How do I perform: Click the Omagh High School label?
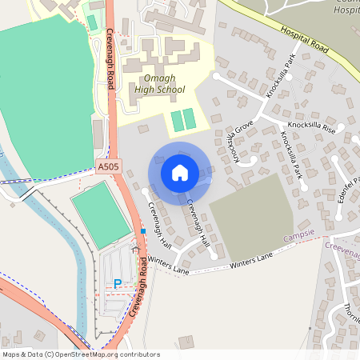(160, 83)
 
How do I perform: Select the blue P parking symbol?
(118, 283)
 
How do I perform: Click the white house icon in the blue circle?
(180, 172)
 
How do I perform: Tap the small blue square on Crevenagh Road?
(143, 230)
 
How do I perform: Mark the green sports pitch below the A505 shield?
(101, 213)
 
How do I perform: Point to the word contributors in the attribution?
(138, 354)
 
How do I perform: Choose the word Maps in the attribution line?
(11, 354)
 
